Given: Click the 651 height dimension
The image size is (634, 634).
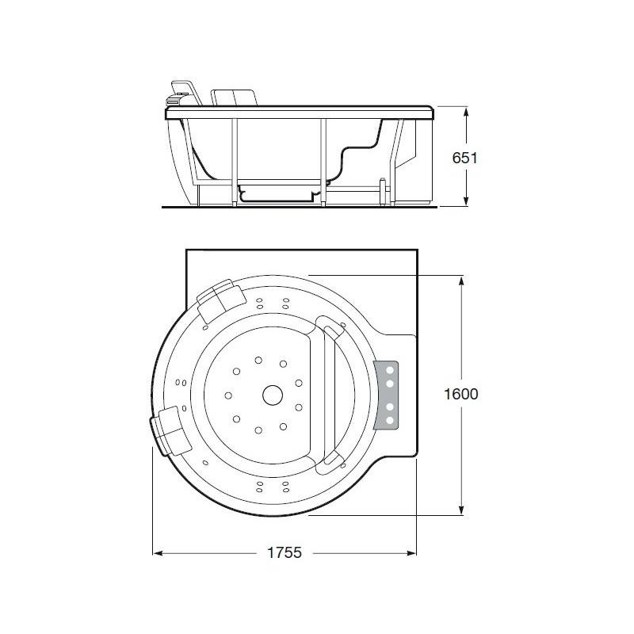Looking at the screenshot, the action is coord(464,158).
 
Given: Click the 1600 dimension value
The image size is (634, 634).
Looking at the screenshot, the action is coord(461,394).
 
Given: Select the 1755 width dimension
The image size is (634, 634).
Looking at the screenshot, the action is coord(285,552).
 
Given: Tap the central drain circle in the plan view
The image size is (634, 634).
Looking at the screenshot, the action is coord(273,395).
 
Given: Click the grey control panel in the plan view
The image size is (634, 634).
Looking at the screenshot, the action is coord(386,395).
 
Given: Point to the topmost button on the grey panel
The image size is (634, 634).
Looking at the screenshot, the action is coord(390,370).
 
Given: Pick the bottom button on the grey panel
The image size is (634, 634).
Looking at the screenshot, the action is coord(390,421).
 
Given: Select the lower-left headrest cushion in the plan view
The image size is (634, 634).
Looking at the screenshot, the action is coord(170,431).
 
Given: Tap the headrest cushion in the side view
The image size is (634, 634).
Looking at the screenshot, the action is coord(234,97).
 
